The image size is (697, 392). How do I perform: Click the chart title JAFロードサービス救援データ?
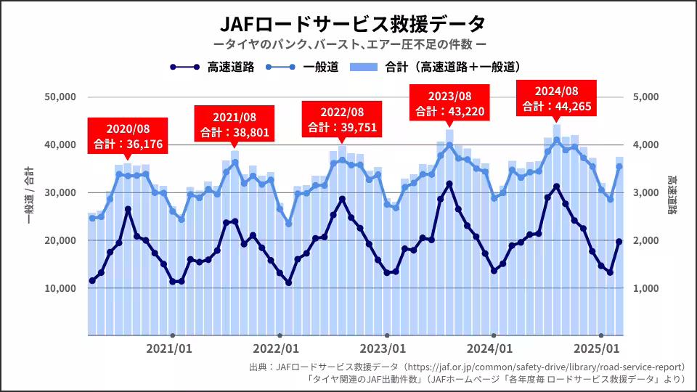tap(348, 24)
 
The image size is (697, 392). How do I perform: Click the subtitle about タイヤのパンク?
tap(348, 46)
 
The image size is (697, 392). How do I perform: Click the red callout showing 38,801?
tap(235, 125)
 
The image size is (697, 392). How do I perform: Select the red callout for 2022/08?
tap(341, 119)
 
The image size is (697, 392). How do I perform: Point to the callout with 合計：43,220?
tap(449, 103)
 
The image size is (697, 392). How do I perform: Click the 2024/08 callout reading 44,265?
tap(556, 99)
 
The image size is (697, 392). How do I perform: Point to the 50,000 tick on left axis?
tap(61, 97)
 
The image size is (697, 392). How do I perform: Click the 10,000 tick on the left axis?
tap(61, 288)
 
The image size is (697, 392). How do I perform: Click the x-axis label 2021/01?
tap(169, 348)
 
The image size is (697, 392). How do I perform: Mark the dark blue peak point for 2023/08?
tap(449, 184)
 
